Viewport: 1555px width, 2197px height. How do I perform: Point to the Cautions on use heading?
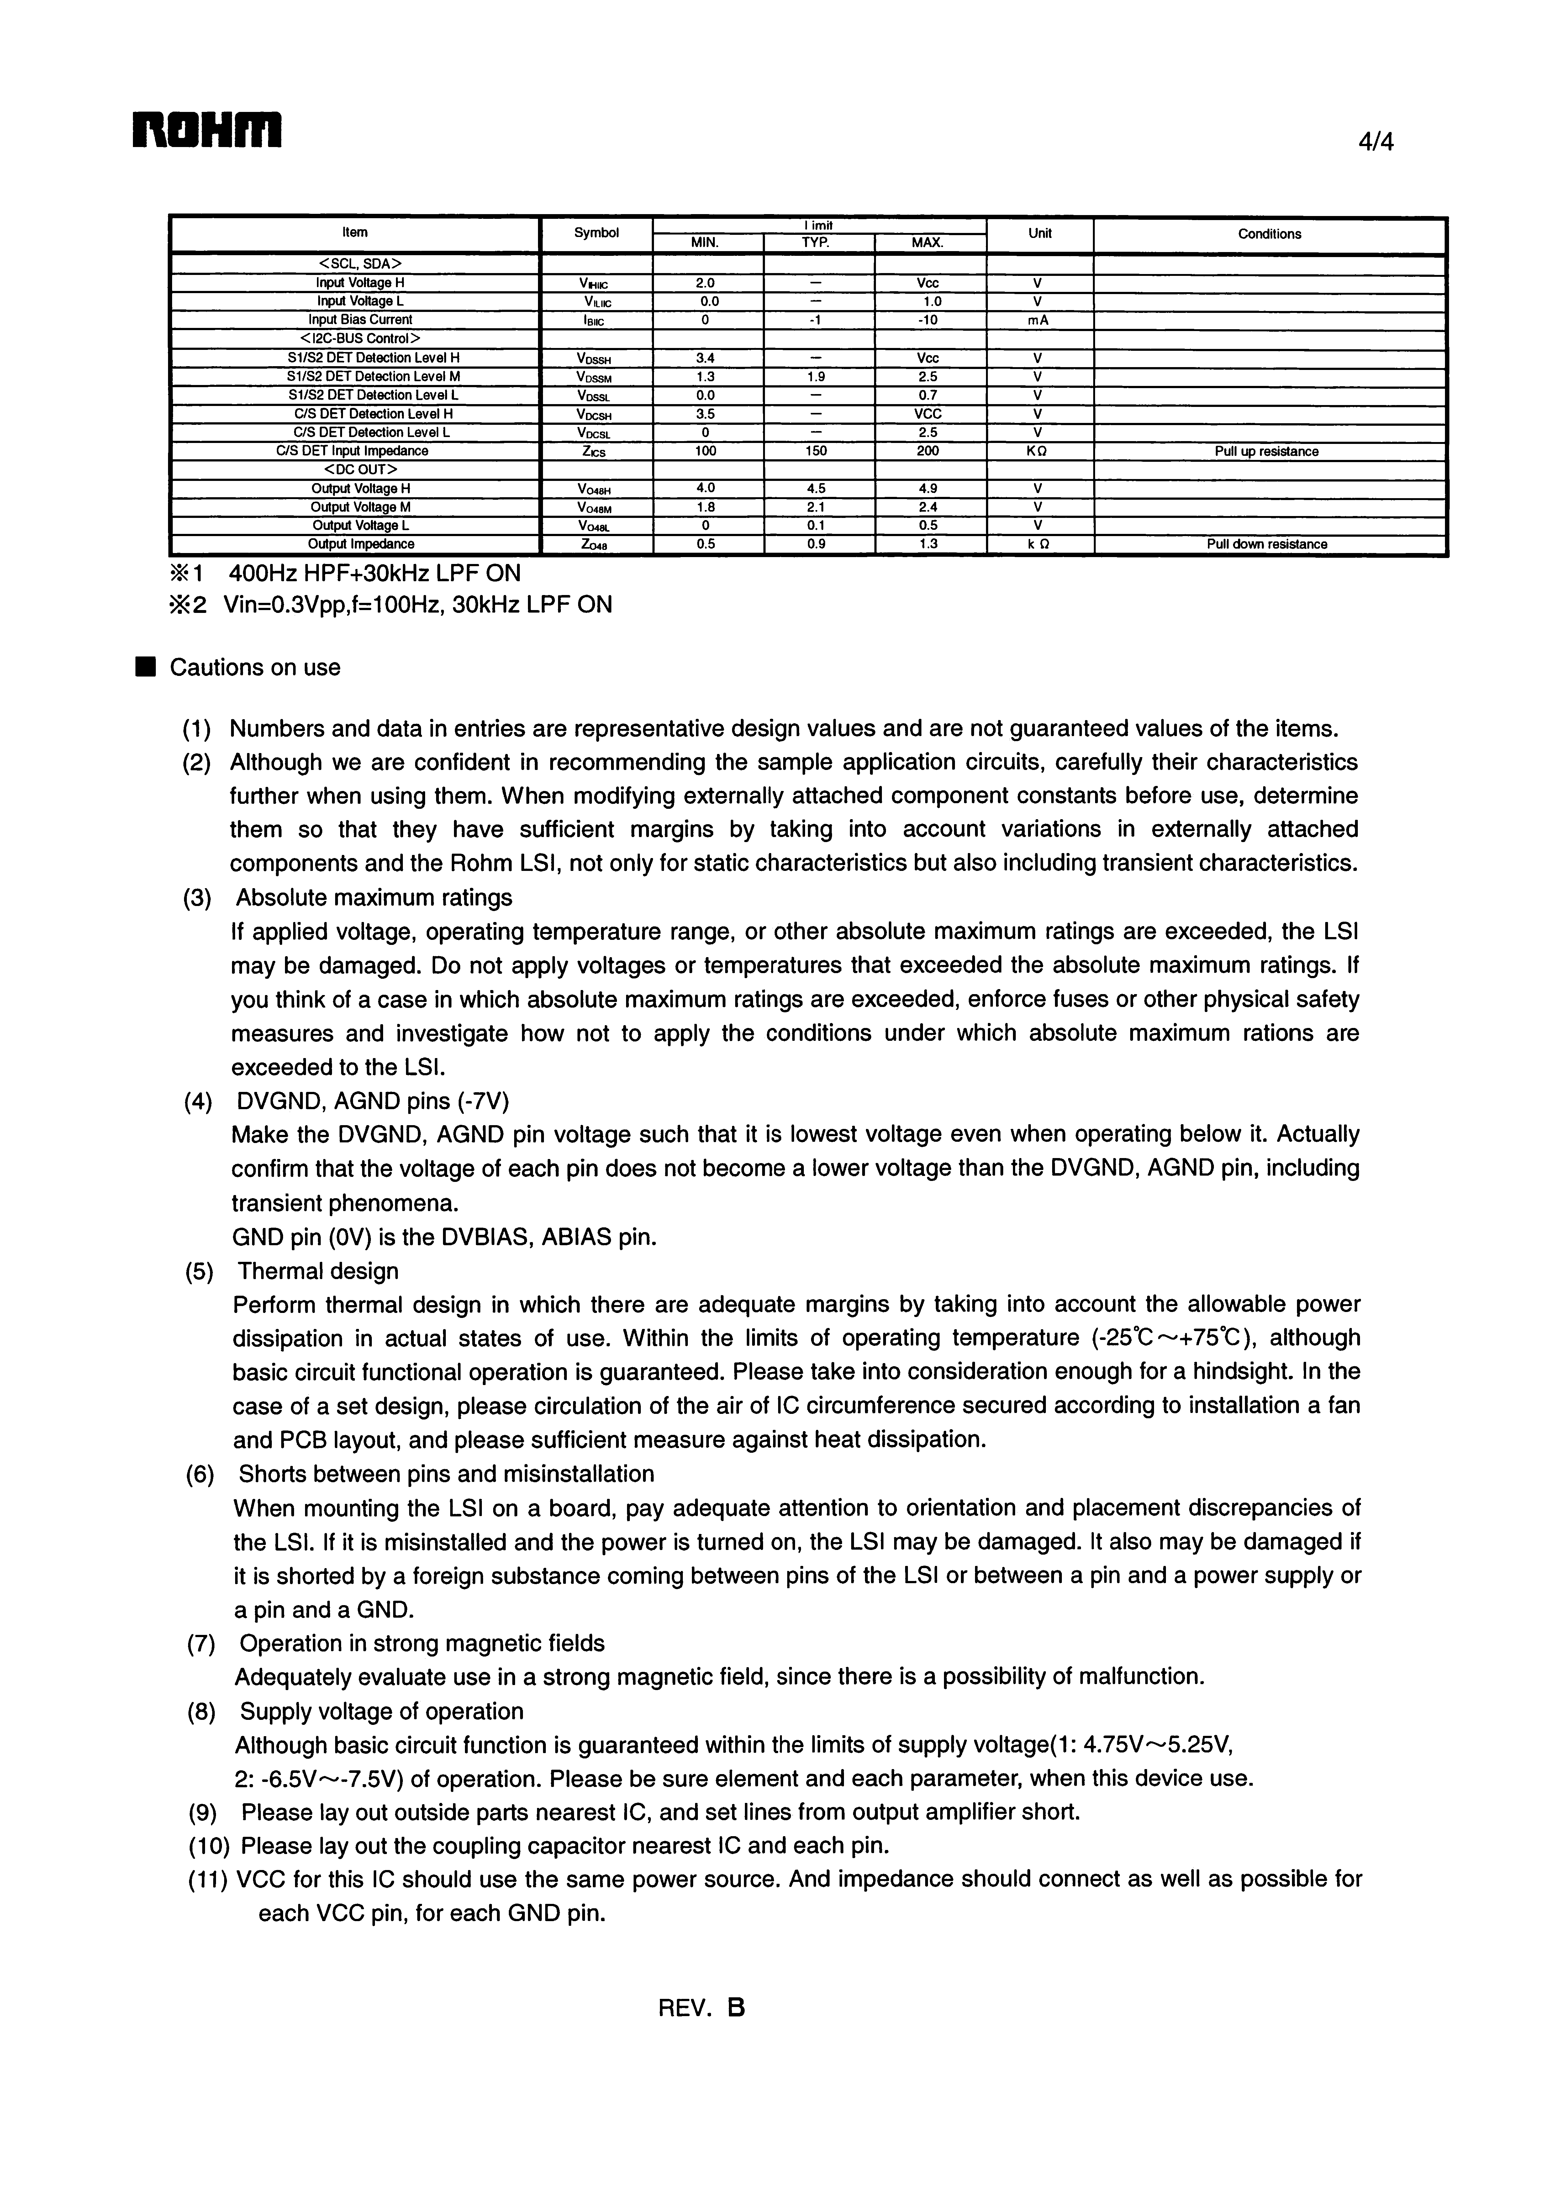point(255,667)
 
